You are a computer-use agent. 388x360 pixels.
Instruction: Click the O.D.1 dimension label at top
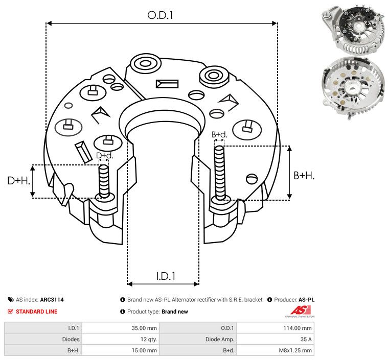(160, 15)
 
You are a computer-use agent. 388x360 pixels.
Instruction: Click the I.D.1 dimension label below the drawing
(166, 276)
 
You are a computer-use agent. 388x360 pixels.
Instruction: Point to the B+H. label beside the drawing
(304, 175)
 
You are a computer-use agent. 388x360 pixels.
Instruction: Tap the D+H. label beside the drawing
(18, 180)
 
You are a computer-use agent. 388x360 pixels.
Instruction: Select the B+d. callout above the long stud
(219, 134)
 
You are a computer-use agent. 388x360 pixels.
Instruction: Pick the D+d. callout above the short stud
(104, 156)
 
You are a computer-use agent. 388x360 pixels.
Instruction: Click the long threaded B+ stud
(220, 173)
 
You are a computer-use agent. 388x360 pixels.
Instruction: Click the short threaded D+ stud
(104, 181)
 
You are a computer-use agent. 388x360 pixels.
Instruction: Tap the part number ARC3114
(52, 300)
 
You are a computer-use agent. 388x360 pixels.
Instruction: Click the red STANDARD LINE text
(37, 311)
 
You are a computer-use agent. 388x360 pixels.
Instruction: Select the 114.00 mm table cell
(276, 328)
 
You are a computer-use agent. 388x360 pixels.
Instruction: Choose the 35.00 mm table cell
(121, 328)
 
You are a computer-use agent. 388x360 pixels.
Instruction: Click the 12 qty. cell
(121, 339)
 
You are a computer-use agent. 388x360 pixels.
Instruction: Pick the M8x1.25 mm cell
(276, 350)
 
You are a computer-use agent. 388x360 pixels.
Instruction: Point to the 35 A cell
(276, 339)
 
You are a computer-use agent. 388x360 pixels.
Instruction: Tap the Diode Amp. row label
(220, 339)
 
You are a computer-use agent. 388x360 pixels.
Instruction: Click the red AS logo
(301, 310)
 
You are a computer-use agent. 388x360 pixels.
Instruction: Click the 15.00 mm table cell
(121, 350)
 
